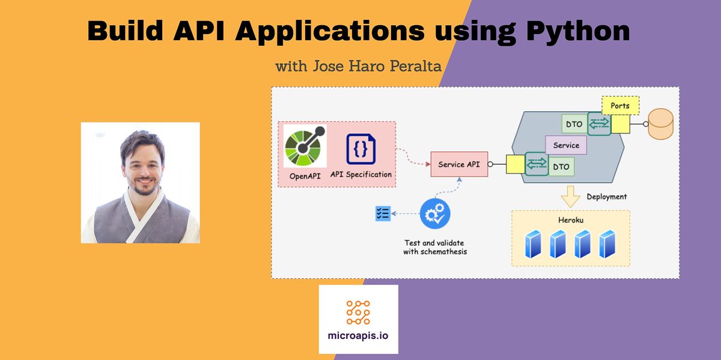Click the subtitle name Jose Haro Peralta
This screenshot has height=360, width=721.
click(377, 66)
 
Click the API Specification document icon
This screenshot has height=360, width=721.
click(360, 148)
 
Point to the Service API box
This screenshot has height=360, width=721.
click(459, 164)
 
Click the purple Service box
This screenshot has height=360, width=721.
click(565, 145)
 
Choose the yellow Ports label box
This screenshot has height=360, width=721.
click(620, 106)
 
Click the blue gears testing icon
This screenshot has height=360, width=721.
click(435, 215)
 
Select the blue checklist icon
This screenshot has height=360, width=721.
click(383, 213)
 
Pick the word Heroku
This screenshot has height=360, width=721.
click(570, 221)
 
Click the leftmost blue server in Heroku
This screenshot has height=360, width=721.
click(532, 244)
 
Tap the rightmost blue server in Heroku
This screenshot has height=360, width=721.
click(607, 244)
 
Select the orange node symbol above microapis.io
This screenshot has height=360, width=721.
click(358, 312)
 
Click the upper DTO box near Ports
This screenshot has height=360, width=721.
click(574, 124)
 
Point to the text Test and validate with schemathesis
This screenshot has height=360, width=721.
click(434, 247)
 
